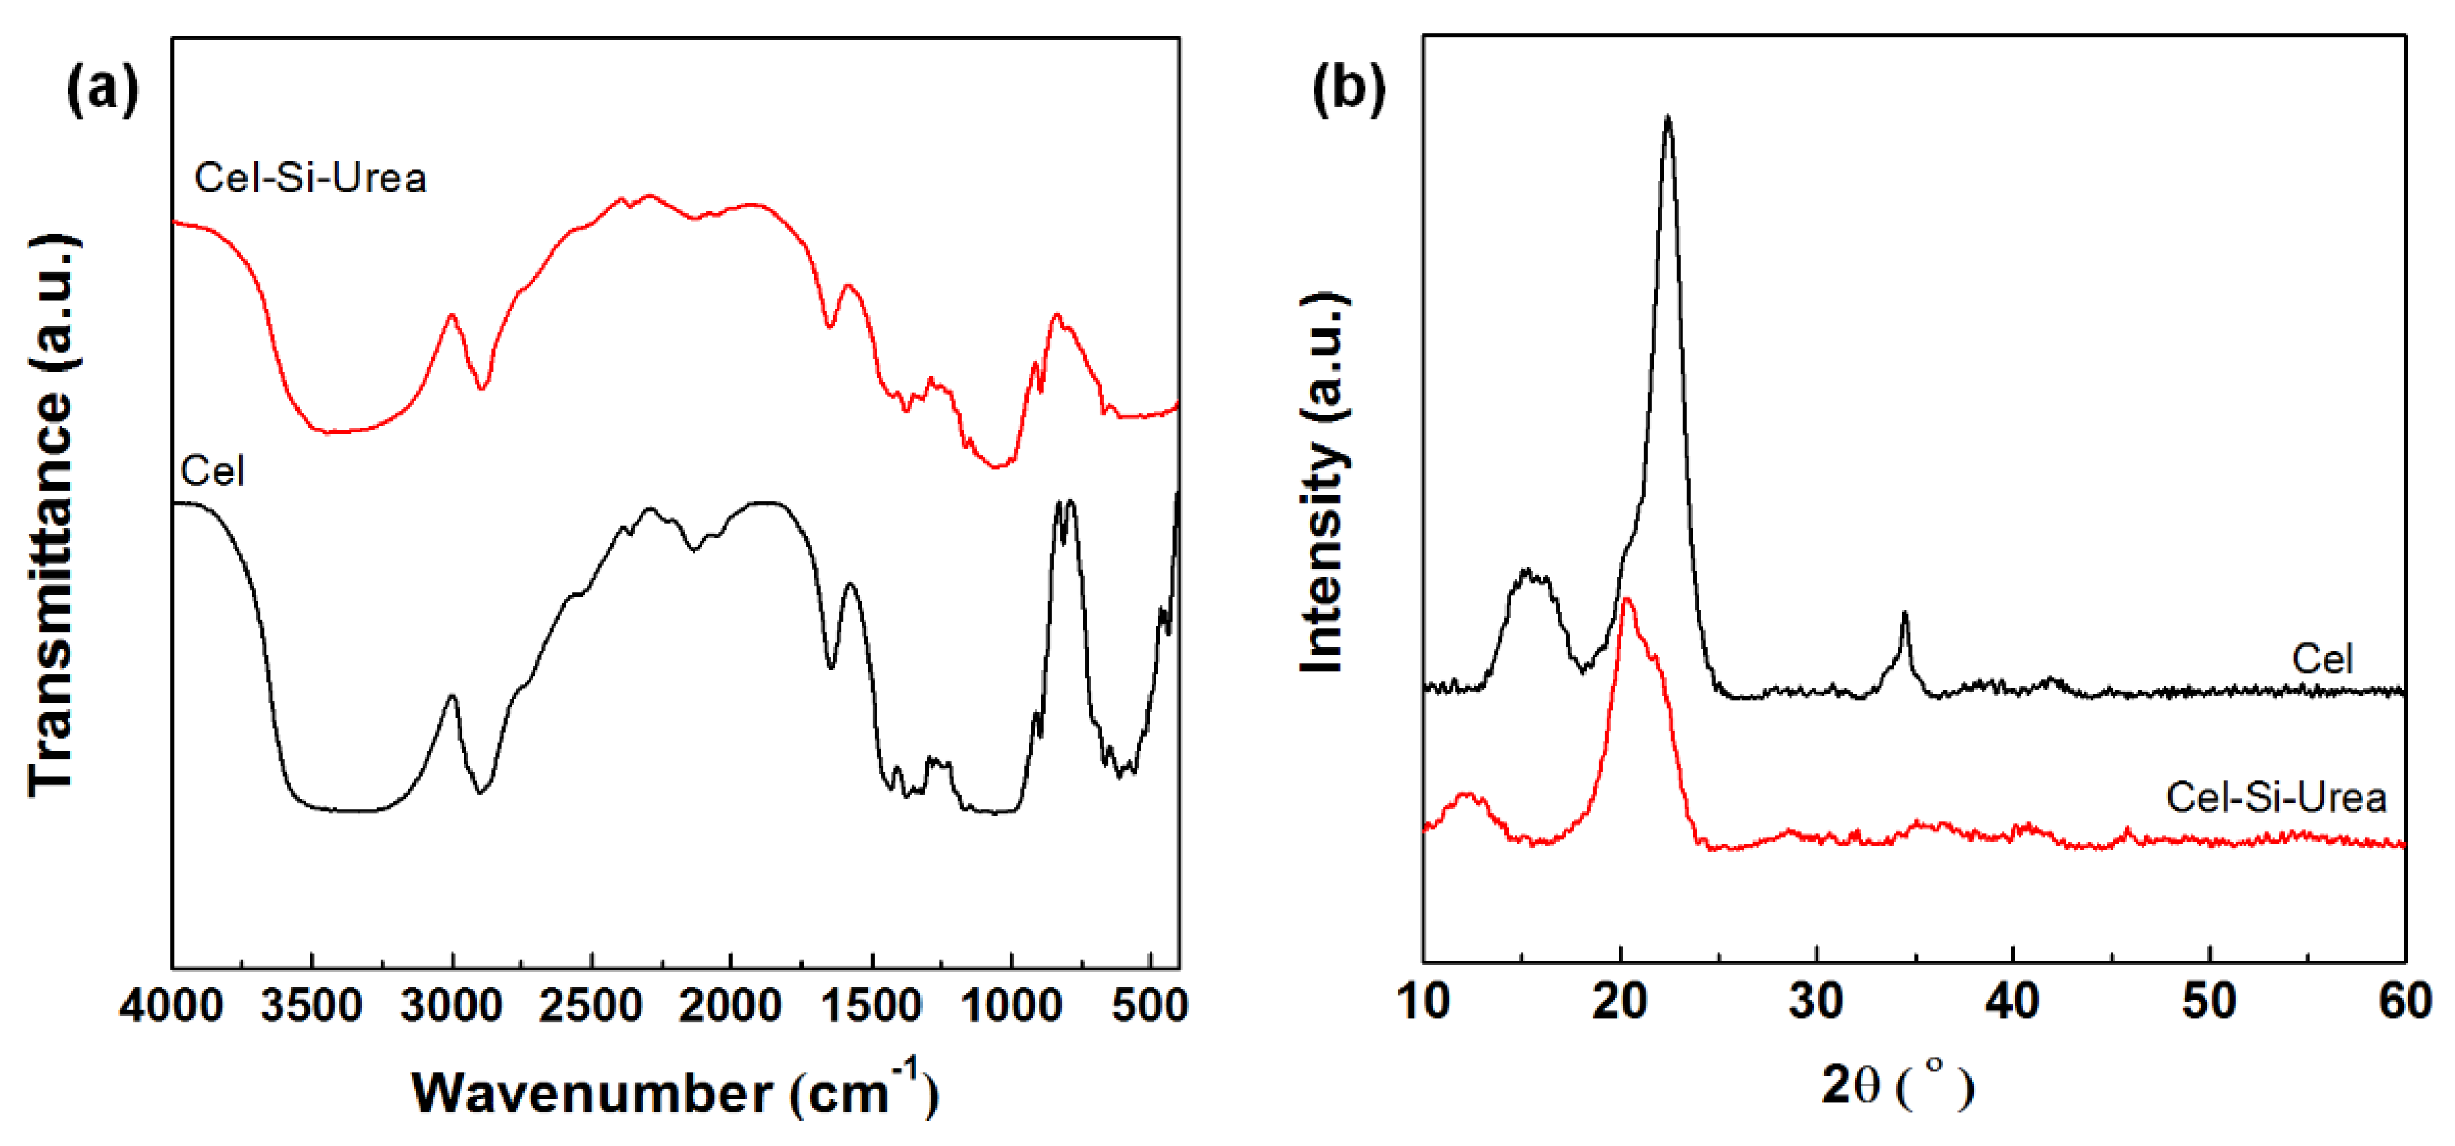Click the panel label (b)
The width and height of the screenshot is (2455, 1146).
[x=1349, y=90]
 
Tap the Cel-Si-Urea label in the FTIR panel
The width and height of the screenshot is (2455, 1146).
[x=310, y=179]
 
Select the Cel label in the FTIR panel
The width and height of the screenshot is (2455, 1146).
[x=213, y=471]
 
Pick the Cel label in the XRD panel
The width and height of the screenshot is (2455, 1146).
[x=2322, y=659]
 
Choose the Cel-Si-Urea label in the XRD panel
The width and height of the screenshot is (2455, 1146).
[x=2275, y=797]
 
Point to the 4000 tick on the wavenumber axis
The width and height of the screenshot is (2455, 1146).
[x=172, y=1005]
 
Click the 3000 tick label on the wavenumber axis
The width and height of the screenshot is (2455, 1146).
[x=452, y=1005]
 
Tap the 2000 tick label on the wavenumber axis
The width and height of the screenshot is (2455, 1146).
[x=731, y=1005]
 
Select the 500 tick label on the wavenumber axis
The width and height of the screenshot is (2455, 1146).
[x=1150, y=1005]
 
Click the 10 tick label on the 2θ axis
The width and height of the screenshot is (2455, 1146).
[x=1424, y=1001]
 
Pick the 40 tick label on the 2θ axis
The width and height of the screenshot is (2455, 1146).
[x=2012, y=1001]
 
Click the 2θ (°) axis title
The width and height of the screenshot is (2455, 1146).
[x=1896, y=1086]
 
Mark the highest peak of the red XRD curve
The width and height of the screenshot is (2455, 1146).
[x=1627, y=600]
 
